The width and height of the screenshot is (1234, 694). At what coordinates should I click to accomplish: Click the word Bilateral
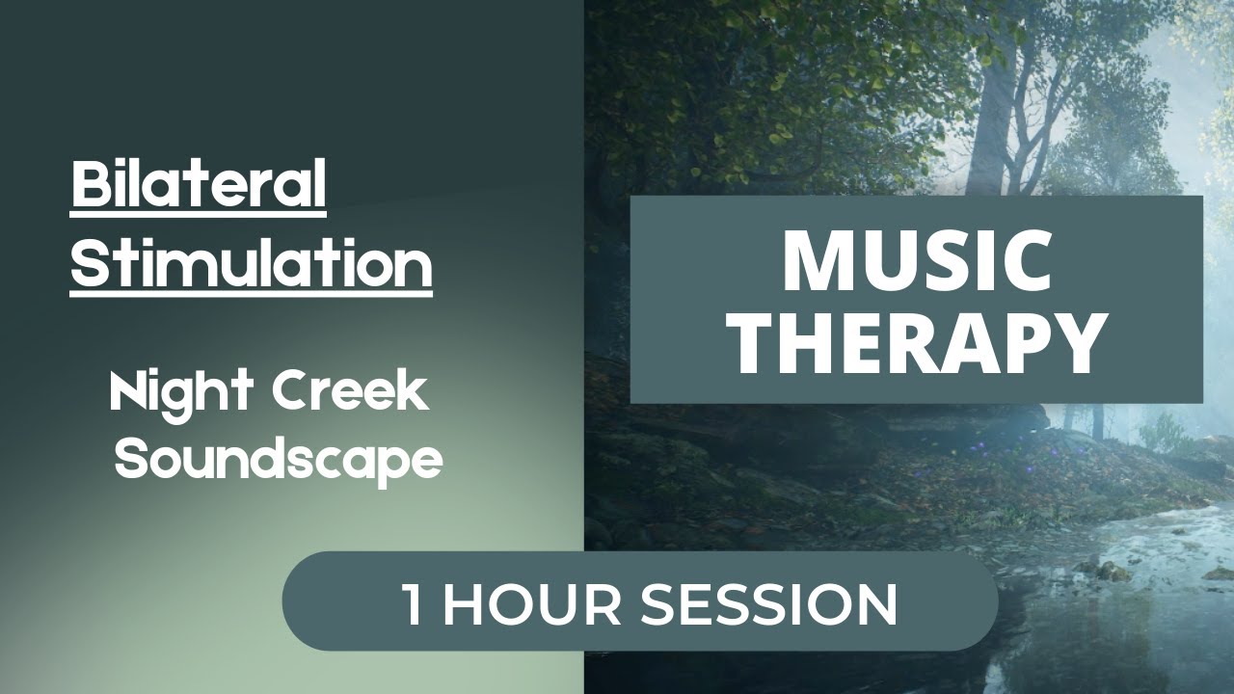pyautogui.click(x=199, y=185)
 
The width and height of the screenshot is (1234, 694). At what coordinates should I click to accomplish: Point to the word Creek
pyautogui.click(x=348, y=393)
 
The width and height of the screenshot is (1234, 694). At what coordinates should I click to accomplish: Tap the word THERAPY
pyautogui.click(x=916, y=342)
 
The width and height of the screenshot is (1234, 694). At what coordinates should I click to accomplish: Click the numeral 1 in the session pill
pyautogui.click(x=413, y=603)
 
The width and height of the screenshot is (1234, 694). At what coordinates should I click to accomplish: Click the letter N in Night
pyautogui.click(x=126, y=393)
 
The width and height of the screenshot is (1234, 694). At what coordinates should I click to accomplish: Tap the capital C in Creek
pyautogui.click(x=290, y=393)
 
